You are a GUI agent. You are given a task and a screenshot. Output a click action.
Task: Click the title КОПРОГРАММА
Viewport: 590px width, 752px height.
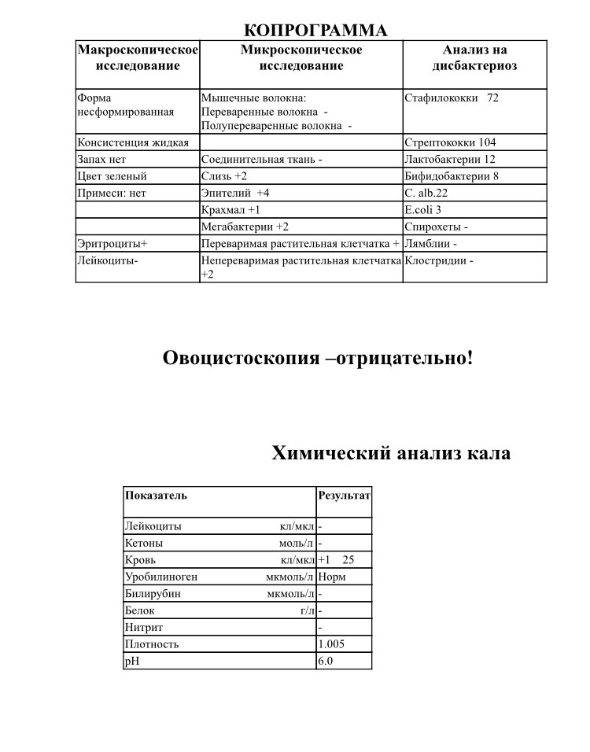coord(316,30)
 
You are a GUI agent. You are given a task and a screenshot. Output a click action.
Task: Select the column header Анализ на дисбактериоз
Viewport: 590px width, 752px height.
coord(475,58)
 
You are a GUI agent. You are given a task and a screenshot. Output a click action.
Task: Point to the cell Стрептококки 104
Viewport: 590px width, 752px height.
coord(460,142)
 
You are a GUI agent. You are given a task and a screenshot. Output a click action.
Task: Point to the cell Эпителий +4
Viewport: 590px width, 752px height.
coord(235,193)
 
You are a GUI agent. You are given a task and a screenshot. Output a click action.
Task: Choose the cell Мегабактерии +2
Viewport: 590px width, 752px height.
coord(245,227)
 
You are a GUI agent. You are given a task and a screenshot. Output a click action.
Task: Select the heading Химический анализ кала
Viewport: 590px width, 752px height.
coord(391,453)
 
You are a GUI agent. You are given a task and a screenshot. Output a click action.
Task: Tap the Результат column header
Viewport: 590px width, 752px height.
coord(343,496)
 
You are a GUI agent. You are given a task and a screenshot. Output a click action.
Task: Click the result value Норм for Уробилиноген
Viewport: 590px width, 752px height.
coord(331,577)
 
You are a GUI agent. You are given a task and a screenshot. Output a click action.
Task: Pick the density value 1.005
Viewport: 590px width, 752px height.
coord(331,643)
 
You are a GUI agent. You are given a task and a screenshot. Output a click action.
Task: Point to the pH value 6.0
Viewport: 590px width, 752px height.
coord(326,661)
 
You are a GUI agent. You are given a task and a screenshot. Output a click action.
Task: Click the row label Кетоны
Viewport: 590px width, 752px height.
coord(144,543)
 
